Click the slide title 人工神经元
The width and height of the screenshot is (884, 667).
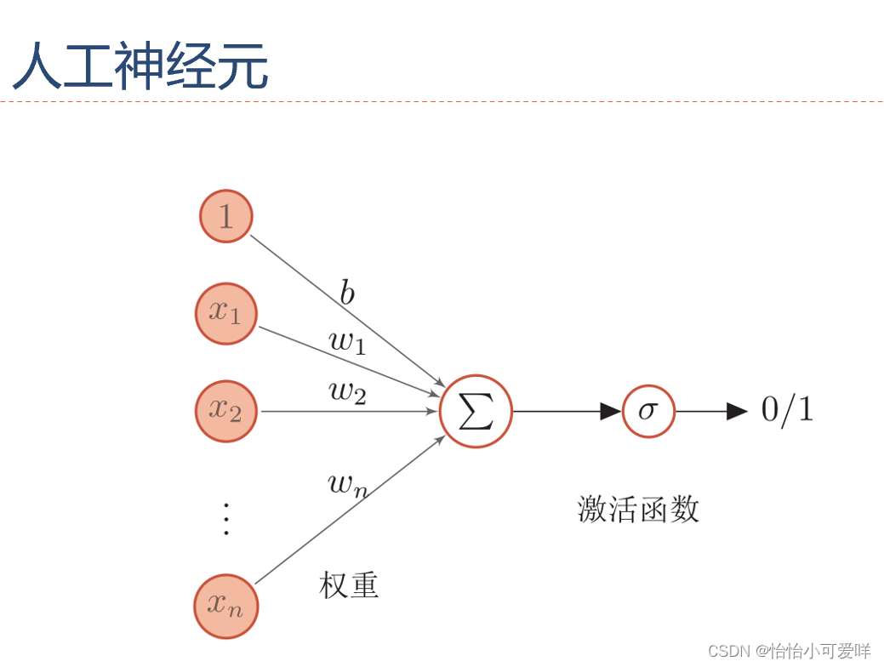[x=140, y=67]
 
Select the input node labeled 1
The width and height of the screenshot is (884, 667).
[x=225, y=216]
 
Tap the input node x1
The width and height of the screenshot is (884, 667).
[x=225, y=313]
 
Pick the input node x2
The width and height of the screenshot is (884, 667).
[x=225, y=411]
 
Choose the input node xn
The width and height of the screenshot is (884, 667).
[x=225, y=606]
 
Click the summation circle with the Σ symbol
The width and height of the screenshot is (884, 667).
[x=476, y=411]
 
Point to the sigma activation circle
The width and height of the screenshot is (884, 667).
[x=648, y=411]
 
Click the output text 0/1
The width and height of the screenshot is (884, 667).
[x=787, y=410]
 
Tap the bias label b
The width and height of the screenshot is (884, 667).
[x=347, y=294]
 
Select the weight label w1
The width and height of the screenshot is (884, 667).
[x=347, y=341]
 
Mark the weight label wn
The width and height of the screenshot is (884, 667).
[x=347, y=485]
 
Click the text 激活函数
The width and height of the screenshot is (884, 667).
[x=638, y=509]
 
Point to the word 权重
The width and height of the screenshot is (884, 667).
[x=349, y=584]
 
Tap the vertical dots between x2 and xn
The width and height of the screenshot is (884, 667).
[x=225, y=518]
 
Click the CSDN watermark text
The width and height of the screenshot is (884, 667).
[x=790, y=651]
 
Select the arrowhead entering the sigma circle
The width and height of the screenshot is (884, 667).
[x=611, y=411]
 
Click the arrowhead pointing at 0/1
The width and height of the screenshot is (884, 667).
[x=737, y=411]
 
